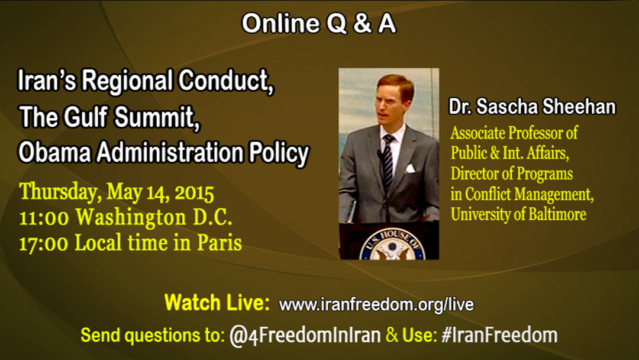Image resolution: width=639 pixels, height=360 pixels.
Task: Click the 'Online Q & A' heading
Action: point(319,23)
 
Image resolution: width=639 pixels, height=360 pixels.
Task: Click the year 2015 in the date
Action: point(195,193)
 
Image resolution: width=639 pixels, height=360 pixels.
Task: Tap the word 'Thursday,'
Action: point(61,192)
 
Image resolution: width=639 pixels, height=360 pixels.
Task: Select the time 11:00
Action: point(44,218)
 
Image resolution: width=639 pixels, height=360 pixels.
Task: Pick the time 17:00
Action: point(44,243)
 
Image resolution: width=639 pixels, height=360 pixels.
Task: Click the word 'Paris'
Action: point(220,243)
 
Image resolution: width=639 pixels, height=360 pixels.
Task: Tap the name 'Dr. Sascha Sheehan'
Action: point(532,107)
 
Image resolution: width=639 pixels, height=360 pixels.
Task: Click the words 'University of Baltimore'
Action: point(518,214)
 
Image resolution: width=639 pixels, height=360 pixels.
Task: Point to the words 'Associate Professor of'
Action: point(514,133)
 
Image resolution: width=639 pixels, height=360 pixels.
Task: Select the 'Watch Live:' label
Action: point(217,303)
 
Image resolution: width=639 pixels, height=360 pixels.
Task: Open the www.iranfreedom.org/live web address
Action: point(376,304)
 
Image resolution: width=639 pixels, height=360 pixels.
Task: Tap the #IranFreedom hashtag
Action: point(499,335)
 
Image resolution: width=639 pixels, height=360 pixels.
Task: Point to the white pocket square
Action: point(410,168)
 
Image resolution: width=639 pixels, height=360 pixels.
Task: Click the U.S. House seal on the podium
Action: point(392,245)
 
